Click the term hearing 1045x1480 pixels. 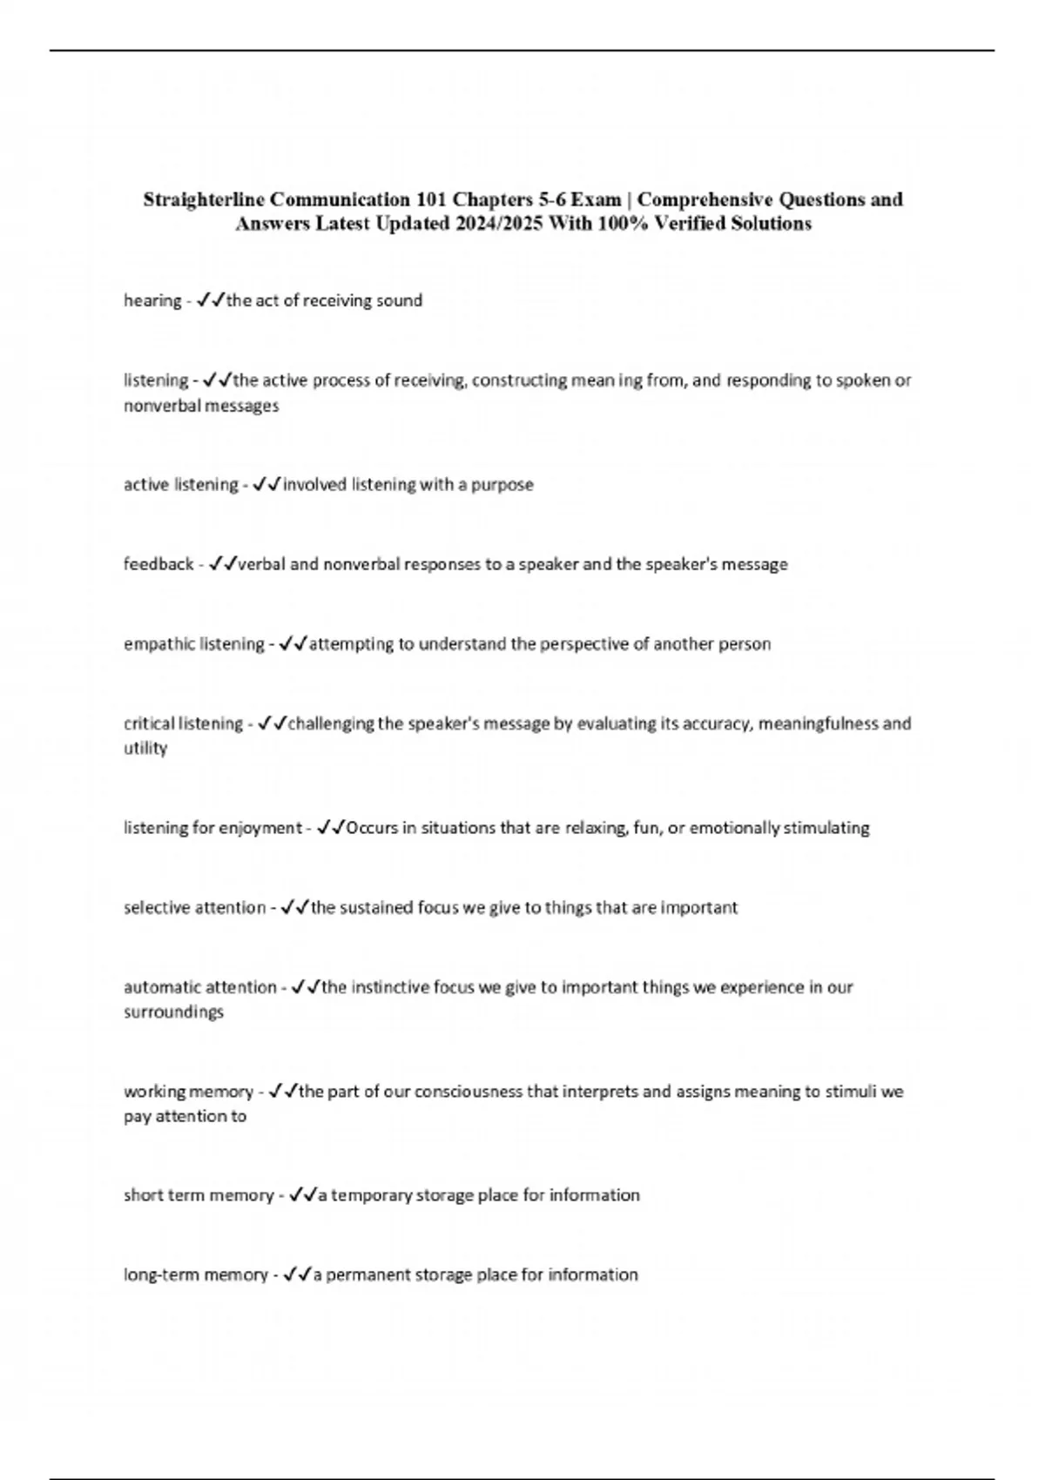tap(152, 301)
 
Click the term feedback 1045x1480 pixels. tap(158, 564)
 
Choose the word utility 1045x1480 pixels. tap(145, 749)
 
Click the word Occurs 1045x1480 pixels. tap(368, 828)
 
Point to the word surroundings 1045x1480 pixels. tap(173, 1012)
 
